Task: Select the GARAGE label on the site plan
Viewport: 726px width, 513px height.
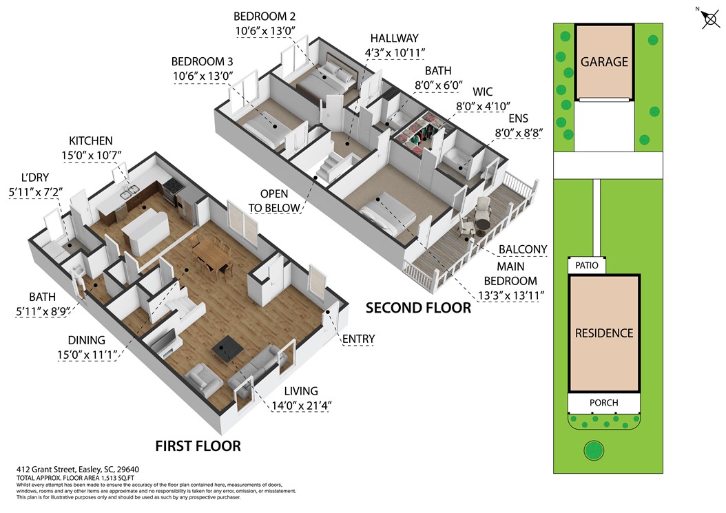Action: (x=604, y=61)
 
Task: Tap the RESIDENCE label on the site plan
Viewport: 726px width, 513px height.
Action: (x=604, y=333)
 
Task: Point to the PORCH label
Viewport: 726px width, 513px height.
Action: (x=603, y=403)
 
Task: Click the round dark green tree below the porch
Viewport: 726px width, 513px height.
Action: (x=593, y=451)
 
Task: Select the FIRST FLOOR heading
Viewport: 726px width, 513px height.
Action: (x=198, y=446)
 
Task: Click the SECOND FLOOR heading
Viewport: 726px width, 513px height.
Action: (x=418, y=307)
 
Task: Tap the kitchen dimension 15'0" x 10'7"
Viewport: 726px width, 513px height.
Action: (x=90, y=156)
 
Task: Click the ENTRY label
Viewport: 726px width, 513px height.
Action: (x=358, y=338)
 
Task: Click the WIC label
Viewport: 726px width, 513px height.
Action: (x=482, y=92)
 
